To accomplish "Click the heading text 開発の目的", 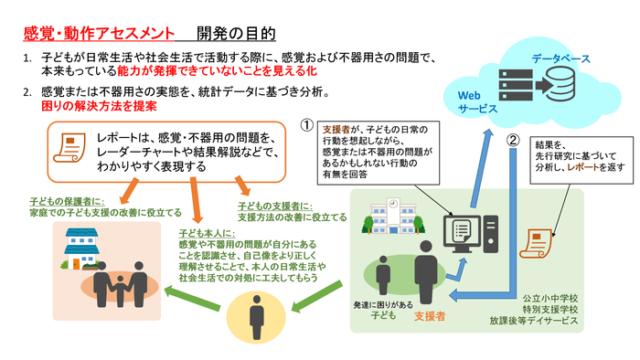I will coord(237,34).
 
